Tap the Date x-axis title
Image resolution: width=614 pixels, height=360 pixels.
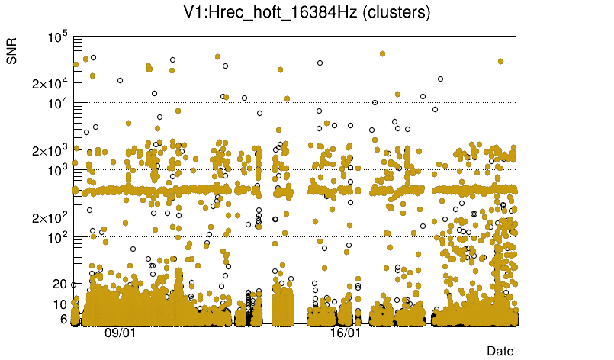[500, 350]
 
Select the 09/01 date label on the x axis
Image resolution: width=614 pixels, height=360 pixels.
[120, 333]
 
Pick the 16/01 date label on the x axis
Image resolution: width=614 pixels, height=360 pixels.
[345, 333]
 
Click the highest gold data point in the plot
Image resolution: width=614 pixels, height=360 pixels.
[382, 54]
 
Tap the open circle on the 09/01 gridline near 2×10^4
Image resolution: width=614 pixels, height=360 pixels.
[120, 80]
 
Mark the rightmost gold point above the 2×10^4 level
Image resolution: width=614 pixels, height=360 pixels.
[500, 61]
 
